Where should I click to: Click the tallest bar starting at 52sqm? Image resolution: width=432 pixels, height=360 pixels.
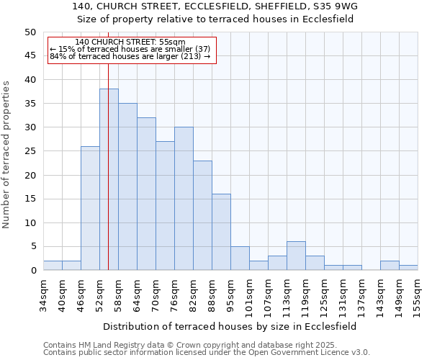pos(109,179)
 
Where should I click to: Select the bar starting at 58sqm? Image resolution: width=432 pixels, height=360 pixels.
pos(127,186)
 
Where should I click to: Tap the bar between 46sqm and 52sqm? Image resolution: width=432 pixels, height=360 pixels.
pos(90,208)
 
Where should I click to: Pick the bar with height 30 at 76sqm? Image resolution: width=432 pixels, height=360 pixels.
pos(184,199)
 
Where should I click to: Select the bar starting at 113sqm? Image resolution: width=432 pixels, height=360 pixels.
pos(296,256)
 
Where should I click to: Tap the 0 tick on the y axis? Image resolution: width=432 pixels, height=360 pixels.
pos(32,271)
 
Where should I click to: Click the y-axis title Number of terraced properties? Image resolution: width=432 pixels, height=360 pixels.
pos(7,154)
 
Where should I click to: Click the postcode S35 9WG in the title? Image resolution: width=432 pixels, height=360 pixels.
pos(330,6)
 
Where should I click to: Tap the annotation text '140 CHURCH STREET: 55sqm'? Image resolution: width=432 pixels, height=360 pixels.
pos(130,42)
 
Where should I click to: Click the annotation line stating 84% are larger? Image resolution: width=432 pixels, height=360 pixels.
pos(130,56)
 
